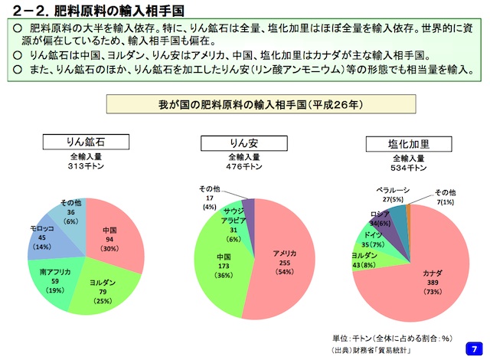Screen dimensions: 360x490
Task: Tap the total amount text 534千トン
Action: coord(407,166)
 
